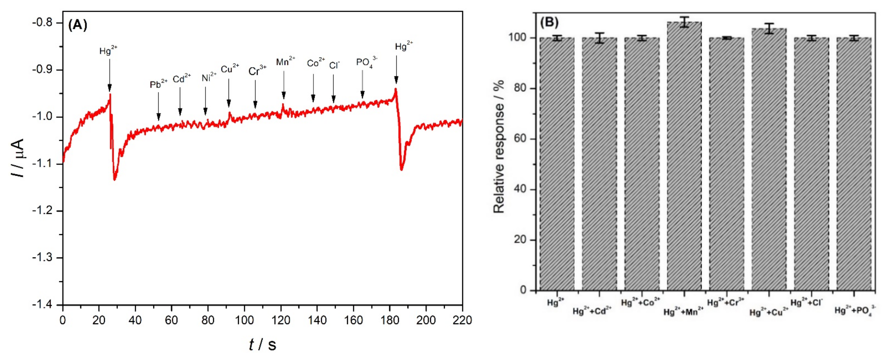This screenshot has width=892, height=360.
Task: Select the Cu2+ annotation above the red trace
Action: tap(229, 69)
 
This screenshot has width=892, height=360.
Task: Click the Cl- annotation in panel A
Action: tap(334, 65)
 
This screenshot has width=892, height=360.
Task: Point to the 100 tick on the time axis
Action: tap(244, 320)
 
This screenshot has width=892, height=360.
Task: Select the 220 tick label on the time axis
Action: tap(462, 320)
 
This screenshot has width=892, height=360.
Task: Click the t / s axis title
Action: tap(262, 344)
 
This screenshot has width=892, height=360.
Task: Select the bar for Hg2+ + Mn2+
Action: tap(684, 156)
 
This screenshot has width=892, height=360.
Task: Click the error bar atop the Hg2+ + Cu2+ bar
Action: tap(769, 28)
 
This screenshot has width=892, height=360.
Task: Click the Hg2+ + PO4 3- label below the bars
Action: tap(855, 310)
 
